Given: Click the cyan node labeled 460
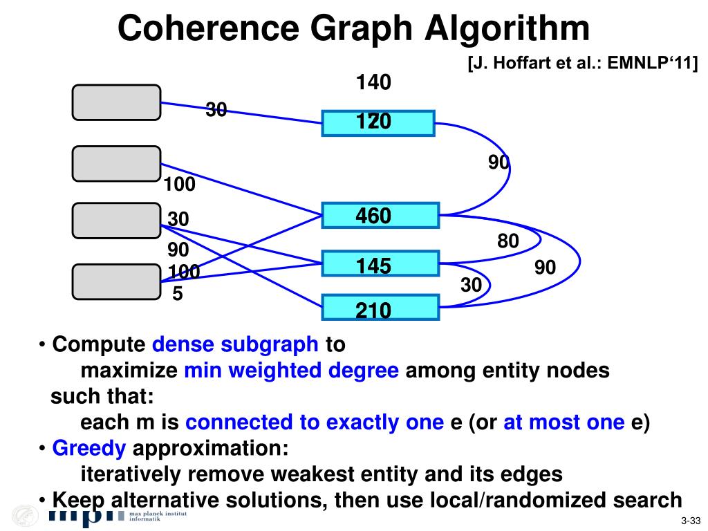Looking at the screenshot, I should point(380,215).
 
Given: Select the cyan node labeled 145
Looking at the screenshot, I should point(380,264).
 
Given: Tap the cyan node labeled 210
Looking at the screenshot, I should point(380,308).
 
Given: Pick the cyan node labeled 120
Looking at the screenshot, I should point(378,122).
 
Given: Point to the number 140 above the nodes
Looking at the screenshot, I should point(373,83).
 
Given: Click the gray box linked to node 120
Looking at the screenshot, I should point(116,102).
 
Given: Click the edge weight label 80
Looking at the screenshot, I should point(507,241).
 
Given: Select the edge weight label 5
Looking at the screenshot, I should point(178,295).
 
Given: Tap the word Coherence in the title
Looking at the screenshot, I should point(209,29).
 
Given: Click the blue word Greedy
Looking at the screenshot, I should point(89,449).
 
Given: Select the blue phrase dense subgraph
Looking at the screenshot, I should point(235,344).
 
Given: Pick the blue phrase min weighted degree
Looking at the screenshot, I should point(291,371).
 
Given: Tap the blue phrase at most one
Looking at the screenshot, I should point(563,422).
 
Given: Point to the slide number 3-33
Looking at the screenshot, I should point(691,521).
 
